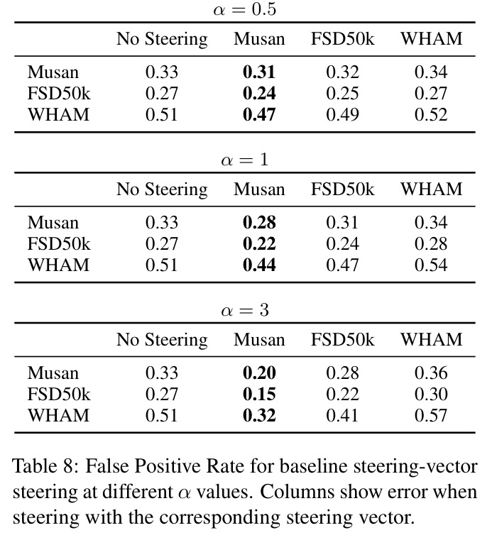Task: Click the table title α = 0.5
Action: pos(245,9)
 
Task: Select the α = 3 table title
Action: pos(245,310)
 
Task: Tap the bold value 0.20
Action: pos(259,373)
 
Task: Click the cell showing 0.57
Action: pos(431,415)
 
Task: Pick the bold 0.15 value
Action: pos(259,394)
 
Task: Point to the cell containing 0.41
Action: pos(342,415)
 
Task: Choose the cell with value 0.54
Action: pos(431,265)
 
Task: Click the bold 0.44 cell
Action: pos(259,265)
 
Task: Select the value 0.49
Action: pos(342,114)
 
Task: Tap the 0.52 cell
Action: pos(431,114)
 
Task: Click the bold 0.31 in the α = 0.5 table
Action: pos(259,72)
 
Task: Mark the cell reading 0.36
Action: pos(431,373)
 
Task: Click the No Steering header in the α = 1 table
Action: pos(162,189)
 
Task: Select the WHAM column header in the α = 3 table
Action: pos(431,340)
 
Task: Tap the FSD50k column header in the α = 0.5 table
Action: pos(342,38)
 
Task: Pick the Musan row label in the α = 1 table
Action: pos(53,223)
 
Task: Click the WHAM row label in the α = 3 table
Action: pos(58,415)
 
